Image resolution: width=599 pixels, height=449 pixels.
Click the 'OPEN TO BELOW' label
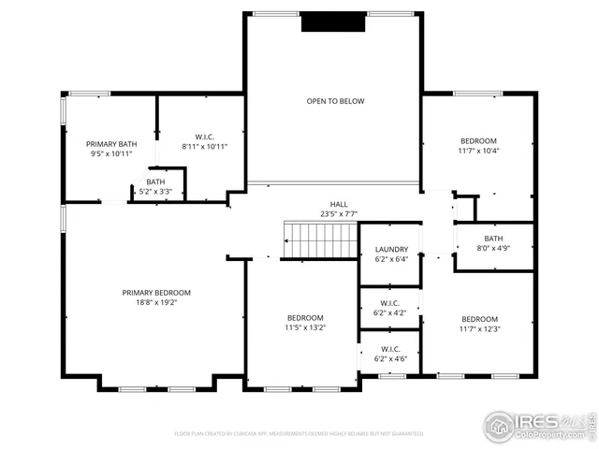pyautogui.click(x=334, y=101)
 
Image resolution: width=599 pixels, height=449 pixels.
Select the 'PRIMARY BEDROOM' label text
pyautogui.click(x=156, y=292)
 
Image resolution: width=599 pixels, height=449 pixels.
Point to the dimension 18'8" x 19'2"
pyautogui.click(x=156, y=302)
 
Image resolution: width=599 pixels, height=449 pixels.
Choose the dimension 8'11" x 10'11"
pyautogui.click(x=204, y=146)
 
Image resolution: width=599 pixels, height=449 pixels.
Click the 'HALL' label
pyautogui.click(x=338, y=204)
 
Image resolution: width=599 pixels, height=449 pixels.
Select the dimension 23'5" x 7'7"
pyautogui.click(x=338, y=213)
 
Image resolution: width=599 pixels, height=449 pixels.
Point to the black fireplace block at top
pyautogui.click(x=332, y=22)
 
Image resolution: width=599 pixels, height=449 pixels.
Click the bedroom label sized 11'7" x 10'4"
pyautogui.click(x=478, y=140)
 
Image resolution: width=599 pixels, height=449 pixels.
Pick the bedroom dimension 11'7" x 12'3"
pyautogui.click(x=478, y=328)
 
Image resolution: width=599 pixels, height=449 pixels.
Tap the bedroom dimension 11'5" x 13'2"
pyautogui.click(x=305, y=327)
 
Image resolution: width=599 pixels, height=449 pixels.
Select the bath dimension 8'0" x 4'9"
pyautogui.click(x=492, y=249)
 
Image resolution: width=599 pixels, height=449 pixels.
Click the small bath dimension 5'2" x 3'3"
pyautogui.click(x=155, y=191)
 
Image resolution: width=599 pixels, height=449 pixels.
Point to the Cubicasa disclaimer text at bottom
pyautogui.click(x=299, y=433)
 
